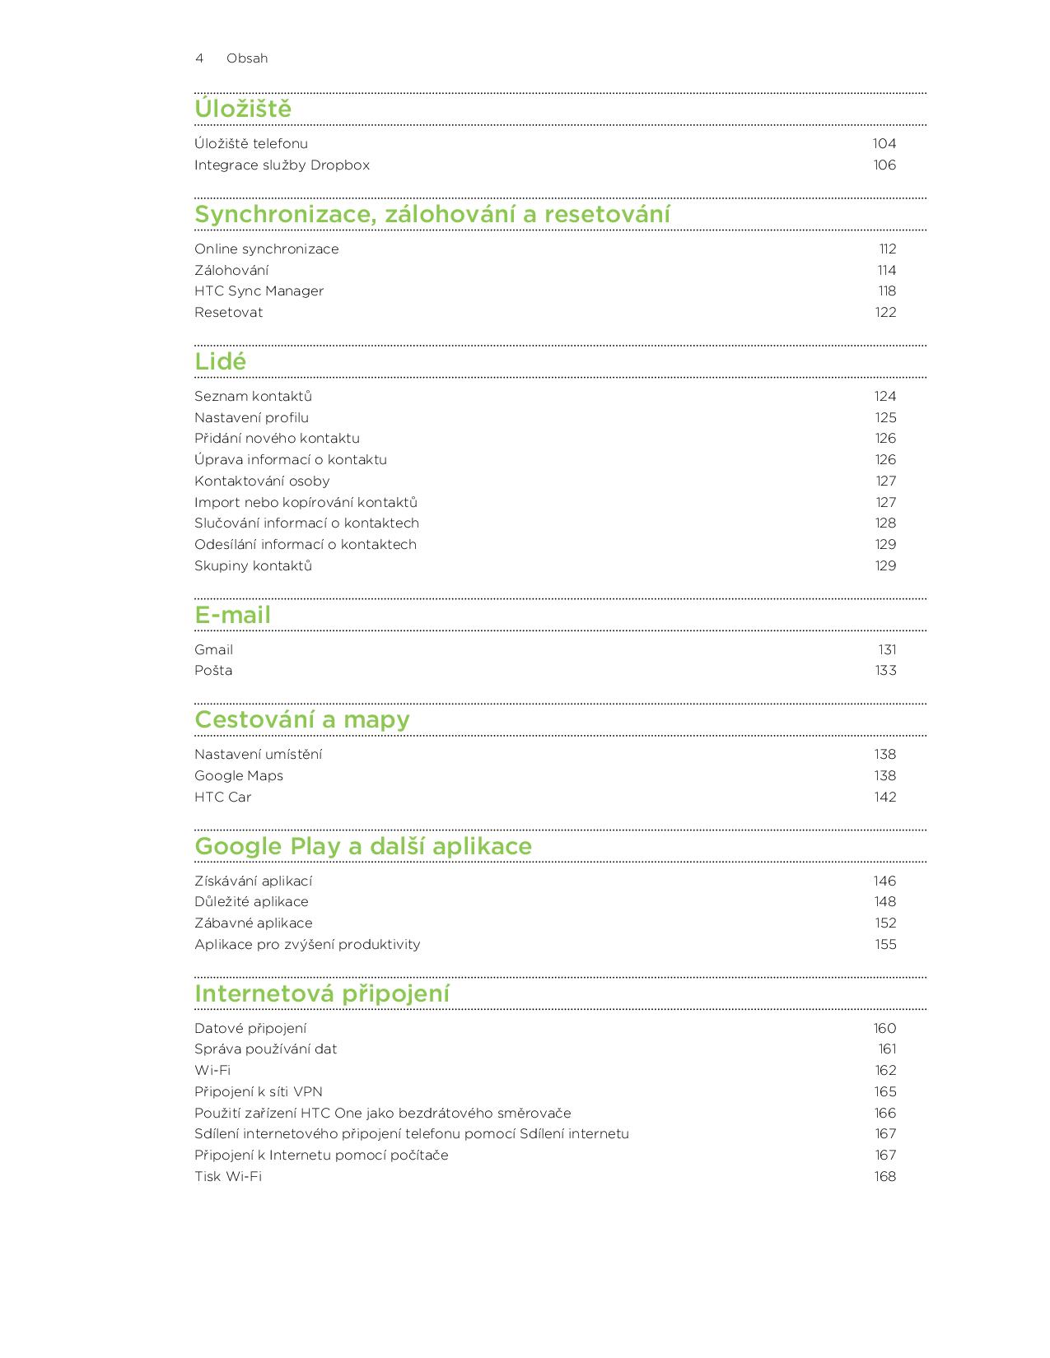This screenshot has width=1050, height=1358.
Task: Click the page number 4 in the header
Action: pos(199,58)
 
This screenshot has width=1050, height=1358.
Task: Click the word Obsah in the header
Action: pos(247,58)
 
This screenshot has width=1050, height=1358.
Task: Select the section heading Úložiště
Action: pos(243,109)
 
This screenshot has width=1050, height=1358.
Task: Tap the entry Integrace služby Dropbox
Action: pos(282,165)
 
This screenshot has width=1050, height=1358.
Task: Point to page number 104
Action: pos(884,144)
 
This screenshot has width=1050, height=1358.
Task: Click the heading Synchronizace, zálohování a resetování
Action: pos(432,214)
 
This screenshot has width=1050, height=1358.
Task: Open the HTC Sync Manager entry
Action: pos(259,291)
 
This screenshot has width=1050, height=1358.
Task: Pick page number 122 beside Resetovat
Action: pos(885,313)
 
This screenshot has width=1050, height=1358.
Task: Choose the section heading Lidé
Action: pos(220,361)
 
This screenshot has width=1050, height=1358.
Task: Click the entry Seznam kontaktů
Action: pos(253,397)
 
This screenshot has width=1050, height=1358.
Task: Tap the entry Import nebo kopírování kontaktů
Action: pos(306,503)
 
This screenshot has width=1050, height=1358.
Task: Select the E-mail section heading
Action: pos(232,615)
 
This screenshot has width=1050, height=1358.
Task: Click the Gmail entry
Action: pos(213,650)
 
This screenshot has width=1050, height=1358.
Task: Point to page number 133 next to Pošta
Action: pos(885,671)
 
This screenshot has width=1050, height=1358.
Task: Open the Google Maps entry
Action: pos(238,776)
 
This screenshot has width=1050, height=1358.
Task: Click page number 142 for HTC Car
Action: pos(885,798)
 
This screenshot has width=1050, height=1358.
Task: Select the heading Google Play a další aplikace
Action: pos(363,846)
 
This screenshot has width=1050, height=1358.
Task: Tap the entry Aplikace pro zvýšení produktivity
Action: pos(307,945)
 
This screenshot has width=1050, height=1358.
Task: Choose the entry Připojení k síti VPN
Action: pos(258,1092)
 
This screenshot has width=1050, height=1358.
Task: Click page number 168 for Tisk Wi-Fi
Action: pos(885,1177)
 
